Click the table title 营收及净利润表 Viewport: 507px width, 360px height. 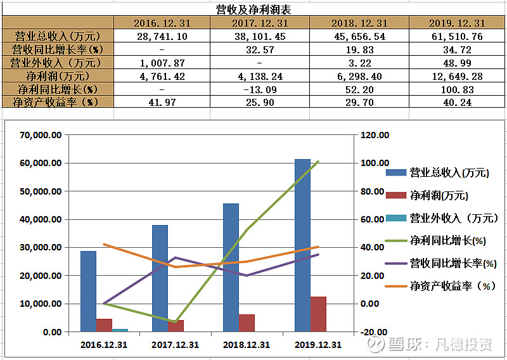click(x=253, y=10)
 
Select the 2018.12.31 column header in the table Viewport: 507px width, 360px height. click(x=359, y=23)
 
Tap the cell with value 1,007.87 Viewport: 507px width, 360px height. click(x=162, y=63)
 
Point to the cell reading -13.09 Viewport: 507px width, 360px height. click(x=260, y=89)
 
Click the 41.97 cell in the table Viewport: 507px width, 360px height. click(x=162, y=102)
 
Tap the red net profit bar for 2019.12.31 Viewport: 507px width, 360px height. click(x=318, y=314)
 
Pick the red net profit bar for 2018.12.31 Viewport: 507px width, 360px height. click(x=247, y=323)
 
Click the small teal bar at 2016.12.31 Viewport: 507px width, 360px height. click(x=120, y=330)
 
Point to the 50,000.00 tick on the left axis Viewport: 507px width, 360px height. click(x=41, y=191)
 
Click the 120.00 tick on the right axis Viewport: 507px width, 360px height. click(x=372, y=135)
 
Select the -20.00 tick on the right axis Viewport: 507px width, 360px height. click(x=372, y=332)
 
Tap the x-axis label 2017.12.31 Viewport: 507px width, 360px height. click(x=175, y=345)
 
